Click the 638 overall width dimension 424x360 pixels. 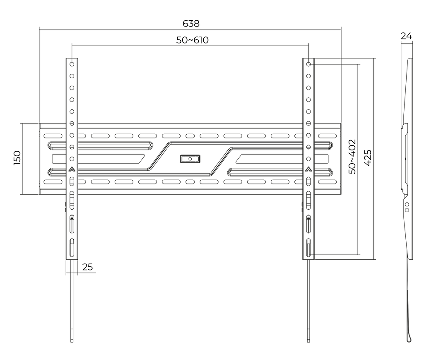click(x=191, y=24)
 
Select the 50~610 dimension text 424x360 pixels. click(x=192, y=40)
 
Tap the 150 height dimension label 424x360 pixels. click(x=17, y=158)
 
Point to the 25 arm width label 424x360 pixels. click(x=87, y=267)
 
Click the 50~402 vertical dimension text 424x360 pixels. click(x=352, y=157)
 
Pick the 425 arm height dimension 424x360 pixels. click(x=368, y=158)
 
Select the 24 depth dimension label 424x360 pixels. click(x=406, y=36)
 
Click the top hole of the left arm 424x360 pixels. click(x=72, y=64)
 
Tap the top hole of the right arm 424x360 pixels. click(x=308, y=64)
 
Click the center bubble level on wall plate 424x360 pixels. click(x=190, y=159)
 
